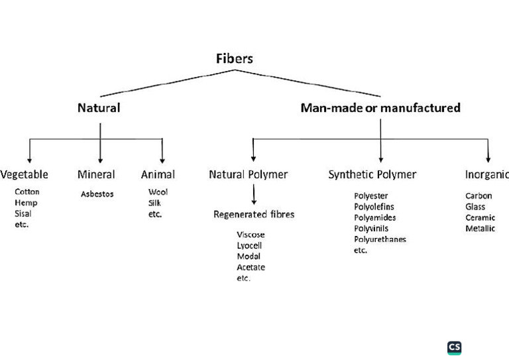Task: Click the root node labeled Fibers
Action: pyautogui.click(x=234, y=58)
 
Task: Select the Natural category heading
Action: pyautogui.click(x=99, y=107)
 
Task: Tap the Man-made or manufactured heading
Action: pyautogui.click(x=380, y=107)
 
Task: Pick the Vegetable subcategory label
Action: pyautogui.click(x=25, y=174)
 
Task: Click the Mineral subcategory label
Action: pyautogui.click(x=96, y=174)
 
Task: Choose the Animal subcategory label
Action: pyautogui.click(x=158, y=174)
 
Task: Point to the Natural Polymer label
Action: pyautogui.click(x=249, y=174)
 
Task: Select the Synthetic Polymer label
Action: pyautogui.click(x=372, y=174)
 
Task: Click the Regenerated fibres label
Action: pyautogui.click(x=254, y=214)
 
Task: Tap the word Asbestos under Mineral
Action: pyautogui.click(x=97, y=194)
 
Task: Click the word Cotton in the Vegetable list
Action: pyautogui.click(x=27, y=192)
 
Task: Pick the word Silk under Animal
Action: pyautogui.click(x=154, y=203)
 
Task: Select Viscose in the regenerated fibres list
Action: pyautogui.click(x=251, y=235)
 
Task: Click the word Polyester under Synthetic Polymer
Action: pyautogui.click(x=371, y=196)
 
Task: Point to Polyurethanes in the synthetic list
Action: pyautogui.click(x=380, y=239)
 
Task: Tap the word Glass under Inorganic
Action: pyautogui.click(x=475, y=207)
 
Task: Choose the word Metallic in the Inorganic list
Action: pyautogui.click(x=480, y=229)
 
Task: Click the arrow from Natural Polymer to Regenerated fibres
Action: pyautogui.click(x=254, y=195)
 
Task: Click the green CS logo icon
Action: pyautogui.click(x=455, y=348)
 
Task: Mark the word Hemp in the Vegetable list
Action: pyautogui.click(x=26, y=203)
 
